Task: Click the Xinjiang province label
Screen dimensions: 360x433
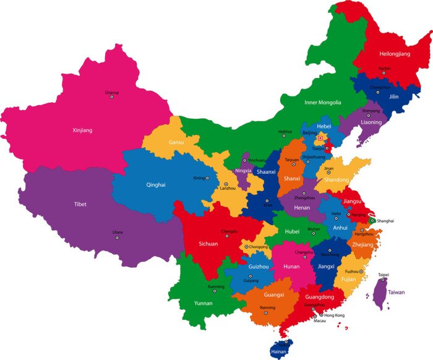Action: [x=82, y=131]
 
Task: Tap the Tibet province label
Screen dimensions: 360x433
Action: [x=80, y=204]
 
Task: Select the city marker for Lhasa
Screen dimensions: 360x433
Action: [x=118, y=238]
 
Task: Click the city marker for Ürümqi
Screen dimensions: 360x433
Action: [x=112, y=98]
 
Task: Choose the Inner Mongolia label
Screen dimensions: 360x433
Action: [x=322, y=103]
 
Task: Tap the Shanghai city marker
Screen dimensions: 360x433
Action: [x=372, y=220]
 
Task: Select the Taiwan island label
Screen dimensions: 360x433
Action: [x=396, y=292]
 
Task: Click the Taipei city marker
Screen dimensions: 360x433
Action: [x=384, y=280]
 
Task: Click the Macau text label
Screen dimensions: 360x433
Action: [x=320, y=321]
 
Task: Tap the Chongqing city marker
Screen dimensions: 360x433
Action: [x=246, y=247]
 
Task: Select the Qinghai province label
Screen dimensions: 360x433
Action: [x=155, y=184]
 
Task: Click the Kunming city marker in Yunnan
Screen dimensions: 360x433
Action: [x=216, y=292]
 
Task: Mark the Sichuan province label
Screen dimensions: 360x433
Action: [x=208, y=244]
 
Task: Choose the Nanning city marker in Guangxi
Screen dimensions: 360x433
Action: [x=267, y=312]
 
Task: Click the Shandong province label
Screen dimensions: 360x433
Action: [x=337, y=179]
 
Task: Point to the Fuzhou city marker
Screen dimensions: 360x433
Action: [x=361, y=272]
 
